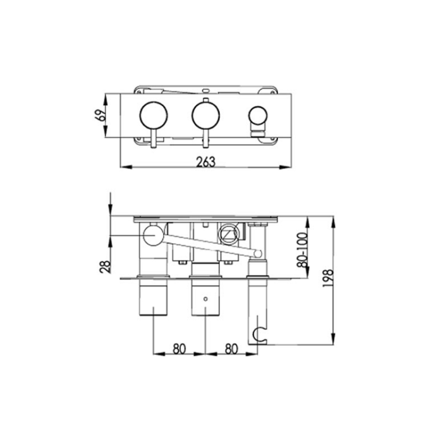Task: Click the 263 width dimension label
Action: coord(205,161)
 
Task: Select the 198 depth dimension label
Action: coord(328,278)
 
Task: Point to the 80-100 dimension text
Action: coord(302,250)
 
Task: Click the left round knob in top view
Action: coord(154,116)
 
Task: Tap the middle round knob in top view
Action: coord(205,116)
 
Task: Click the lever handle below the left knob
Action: coord(154,140)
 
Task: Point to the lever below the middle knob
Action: coord(205,140)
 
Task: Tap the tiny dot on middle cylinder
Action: coord(205,296)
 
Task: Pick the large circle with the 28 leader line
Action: coord(152,236)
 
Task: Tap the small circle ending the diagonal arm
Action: coord(257,254)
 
